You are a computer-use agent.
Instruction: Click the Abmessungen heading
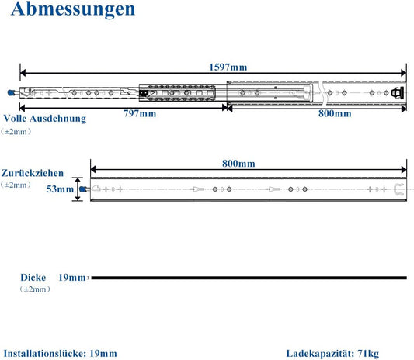point(73,9)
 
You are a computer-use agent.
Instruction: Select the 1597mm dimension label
point(228,67)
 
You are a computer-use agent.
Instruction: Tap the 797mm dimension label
point(140,114)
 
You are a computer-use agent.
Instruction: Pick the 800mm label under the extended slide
point(335,114)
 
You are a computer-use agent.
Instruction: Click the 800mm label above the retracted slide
point(238,164)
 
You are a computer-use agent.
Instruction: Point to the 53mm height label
point(60,189)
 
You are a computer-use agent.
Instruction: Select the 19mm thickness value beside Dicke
point(71,278)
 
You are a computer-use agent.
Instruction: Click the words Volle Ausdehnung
point(45,119)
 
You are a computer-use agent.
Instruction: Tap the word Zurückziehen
point(33,173)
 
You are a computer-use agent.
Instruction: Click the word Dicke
point(33,278)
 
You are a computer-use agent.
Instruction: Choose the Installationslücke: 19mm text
point(61,354)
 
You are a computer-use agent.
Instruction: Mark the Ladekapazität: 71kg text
point(332,354)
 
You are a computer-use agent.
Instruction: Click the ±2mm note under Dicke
point(35,289)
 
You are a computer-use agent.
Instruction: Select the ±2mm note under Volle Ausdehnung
point(16,132)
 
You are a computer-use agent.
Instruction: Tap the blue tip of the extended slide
point(11,92)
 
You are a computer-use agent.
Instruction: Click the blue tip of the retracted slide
point(82,189)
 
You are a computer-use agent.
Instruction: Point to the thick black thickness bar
point(249,278)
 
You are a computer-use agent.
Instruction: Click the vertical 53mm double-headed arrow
point(78,189)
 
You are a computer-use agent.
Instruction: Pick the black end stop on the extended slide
point(398,92)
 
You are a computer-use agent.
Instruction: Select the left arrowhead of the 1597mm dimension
point(23,73)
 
